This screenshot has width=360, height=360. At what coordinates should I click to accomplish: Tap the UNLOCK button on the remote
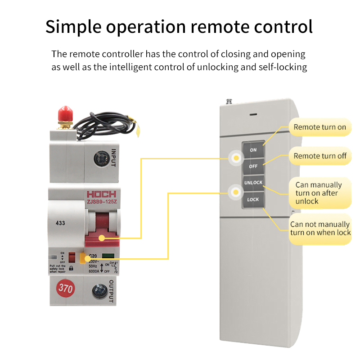[253, 183]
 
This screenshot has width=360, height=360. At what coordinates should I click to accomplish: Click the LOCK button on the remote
[253, 199]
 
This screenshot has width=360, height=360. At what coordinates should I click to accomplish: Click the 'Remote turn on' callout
[319, 127]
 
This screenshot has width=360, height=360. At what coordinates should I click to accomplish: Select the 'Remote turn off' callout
[319, 156]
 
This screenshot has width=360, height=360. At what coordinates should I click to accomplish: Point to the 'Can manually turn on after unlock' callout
[319, 193]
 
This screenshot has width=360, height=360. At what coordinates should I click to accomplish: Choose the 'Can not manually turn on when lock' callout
[319, 229]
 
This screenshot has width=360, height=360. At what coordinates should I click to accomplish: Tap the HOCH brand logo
[101, 194]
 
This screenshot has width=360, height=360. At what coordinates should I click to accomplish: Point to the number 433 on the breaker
[60, 223]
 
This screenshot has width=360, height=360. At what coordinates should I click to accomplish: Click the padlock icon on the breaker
[71, 267]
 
